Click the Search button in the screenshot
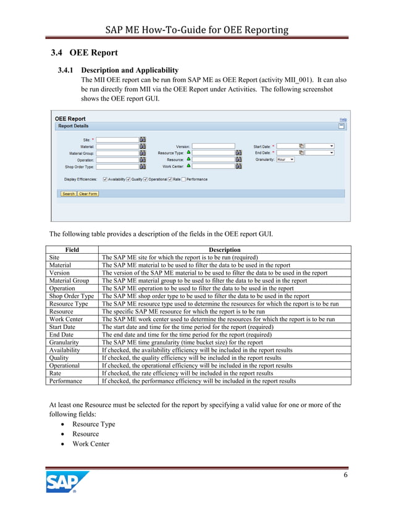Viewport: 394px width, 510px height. tap(68, 194)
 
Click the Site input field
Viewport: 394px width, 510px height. tap(117, 140)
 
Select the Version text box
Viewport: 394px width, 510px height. tap(213, 146)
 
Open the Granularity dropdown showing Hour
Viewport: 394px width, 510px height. tap(285, 159)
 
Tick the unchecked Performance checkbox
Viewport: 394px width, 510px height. tap(184, 180)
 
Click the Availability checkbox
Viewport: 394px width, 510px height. tap(106, 180)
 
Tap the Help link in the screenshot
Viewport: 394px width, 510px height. tap(343, 119)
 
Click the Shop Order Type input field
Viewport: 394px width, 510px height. tap(117, 166)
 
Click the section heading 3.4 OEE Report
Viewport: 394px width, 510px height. tap(84, 52)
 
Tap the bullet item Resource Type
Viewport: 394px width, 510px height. tap(94, 424)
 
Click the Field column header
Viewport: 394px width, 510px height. tap(72, 249)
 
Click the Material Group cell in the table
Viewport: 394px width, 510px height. tap(69, 280)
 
